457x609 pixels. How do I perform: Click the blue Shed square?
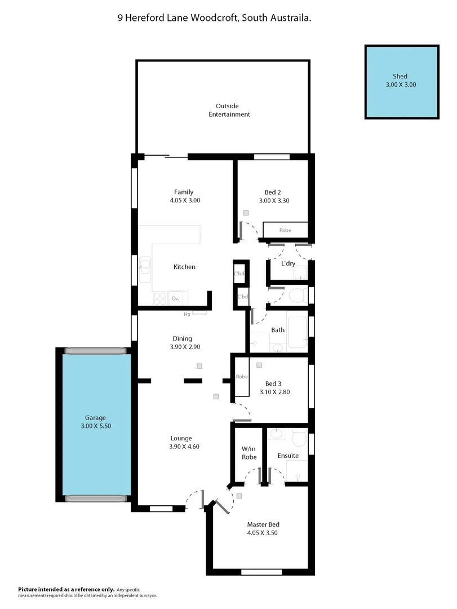[x=401, y=82]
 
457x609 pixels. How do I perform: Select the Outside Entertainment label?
[x=229, y=110]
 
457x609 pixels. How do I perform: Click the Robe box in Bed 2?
[x=286, y=230]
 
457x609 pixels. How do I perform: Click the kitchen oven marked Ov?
[x=176, y=298]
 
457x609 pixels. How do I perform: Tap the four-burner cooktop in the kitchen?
[x=160, y=298]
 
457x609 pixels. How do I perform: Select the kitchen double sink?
[x=145, y=268]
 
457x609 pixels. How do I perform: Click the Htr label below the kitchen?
[x=187, y=315]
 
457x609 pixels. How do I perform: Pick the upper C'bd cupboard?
[x=241, y=274]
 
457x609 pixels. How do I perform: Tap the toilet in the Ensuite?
[x=298, y=438]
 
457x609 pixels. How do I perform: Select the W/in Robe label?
[x=249, y=453]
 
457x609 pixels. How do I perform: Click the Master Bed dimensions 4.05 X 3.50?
[x=262, y=532]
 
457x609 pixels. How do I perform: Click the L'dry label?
[x=289, y=264]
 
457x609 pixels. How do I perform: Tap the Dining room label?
[x=182, y=339]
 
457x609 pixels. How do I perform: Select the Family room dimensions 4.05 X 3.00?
[x=184, y=200]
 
